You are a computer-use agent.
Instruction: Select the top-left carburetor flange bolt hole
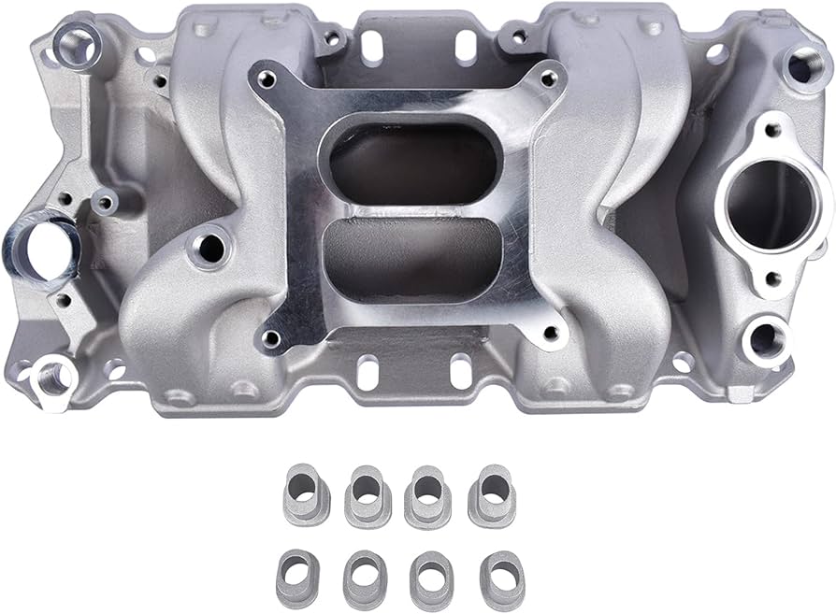(x=267, y=79)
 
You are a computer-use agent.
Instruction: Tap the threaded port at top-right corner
(x=801, y=65)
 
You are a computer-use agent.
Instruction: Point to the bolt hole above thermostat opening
(x=772, y=130)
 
